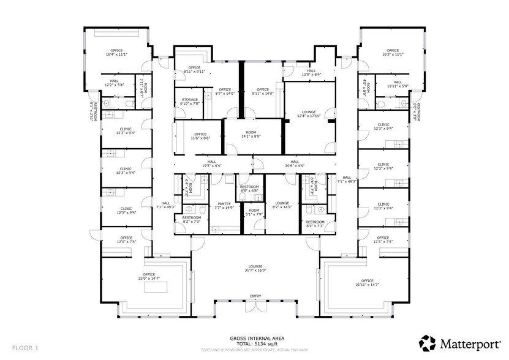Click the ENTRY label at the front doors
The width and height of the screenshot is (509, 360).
click(255, 297)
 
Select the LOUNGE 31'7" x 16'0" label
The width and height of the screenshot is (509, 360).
click(255, 268)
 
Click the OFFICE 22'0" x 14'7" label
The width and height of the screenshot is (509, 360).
click(149, 277)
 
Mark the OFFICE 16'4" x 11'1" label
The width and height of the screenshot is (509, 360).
click(116, 52)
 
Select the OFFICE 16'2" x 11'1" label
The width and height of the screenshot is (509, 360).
click(393, 52)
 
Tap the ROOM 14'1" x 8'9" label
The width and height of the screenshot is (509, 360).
click(251, 135)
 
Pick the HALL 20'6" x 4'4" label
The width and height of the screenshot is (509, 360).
click(295, 163)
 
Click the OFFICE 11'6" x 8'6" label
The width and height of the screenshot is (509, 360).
click(200, 136)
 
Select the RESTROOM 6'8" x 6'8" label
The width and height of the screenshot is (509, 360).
click(249, 189)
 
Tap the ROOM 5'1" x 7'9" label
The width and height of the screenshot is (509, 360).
click(253, 212)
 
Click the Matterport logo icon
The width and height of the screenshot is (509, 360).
click(428, 342)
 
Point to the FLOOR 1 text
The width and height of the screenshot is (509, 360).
click(25, 348)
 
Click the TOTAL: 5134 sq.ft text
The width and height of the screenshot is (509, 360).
click(254, 343)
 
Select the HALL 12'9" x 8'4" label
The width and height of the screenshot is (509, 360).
click(311, 72)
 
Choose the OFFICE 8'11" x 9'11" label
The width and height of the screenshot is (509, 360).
click(194, 69)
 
